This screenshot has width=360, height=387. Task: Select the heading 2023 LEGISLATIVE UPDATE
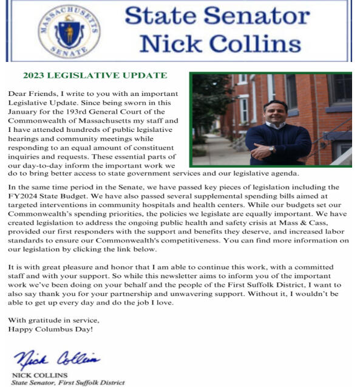click(x=94, y=76)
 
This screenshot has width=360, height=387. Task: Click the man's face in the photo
click(x=276, y=114)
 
